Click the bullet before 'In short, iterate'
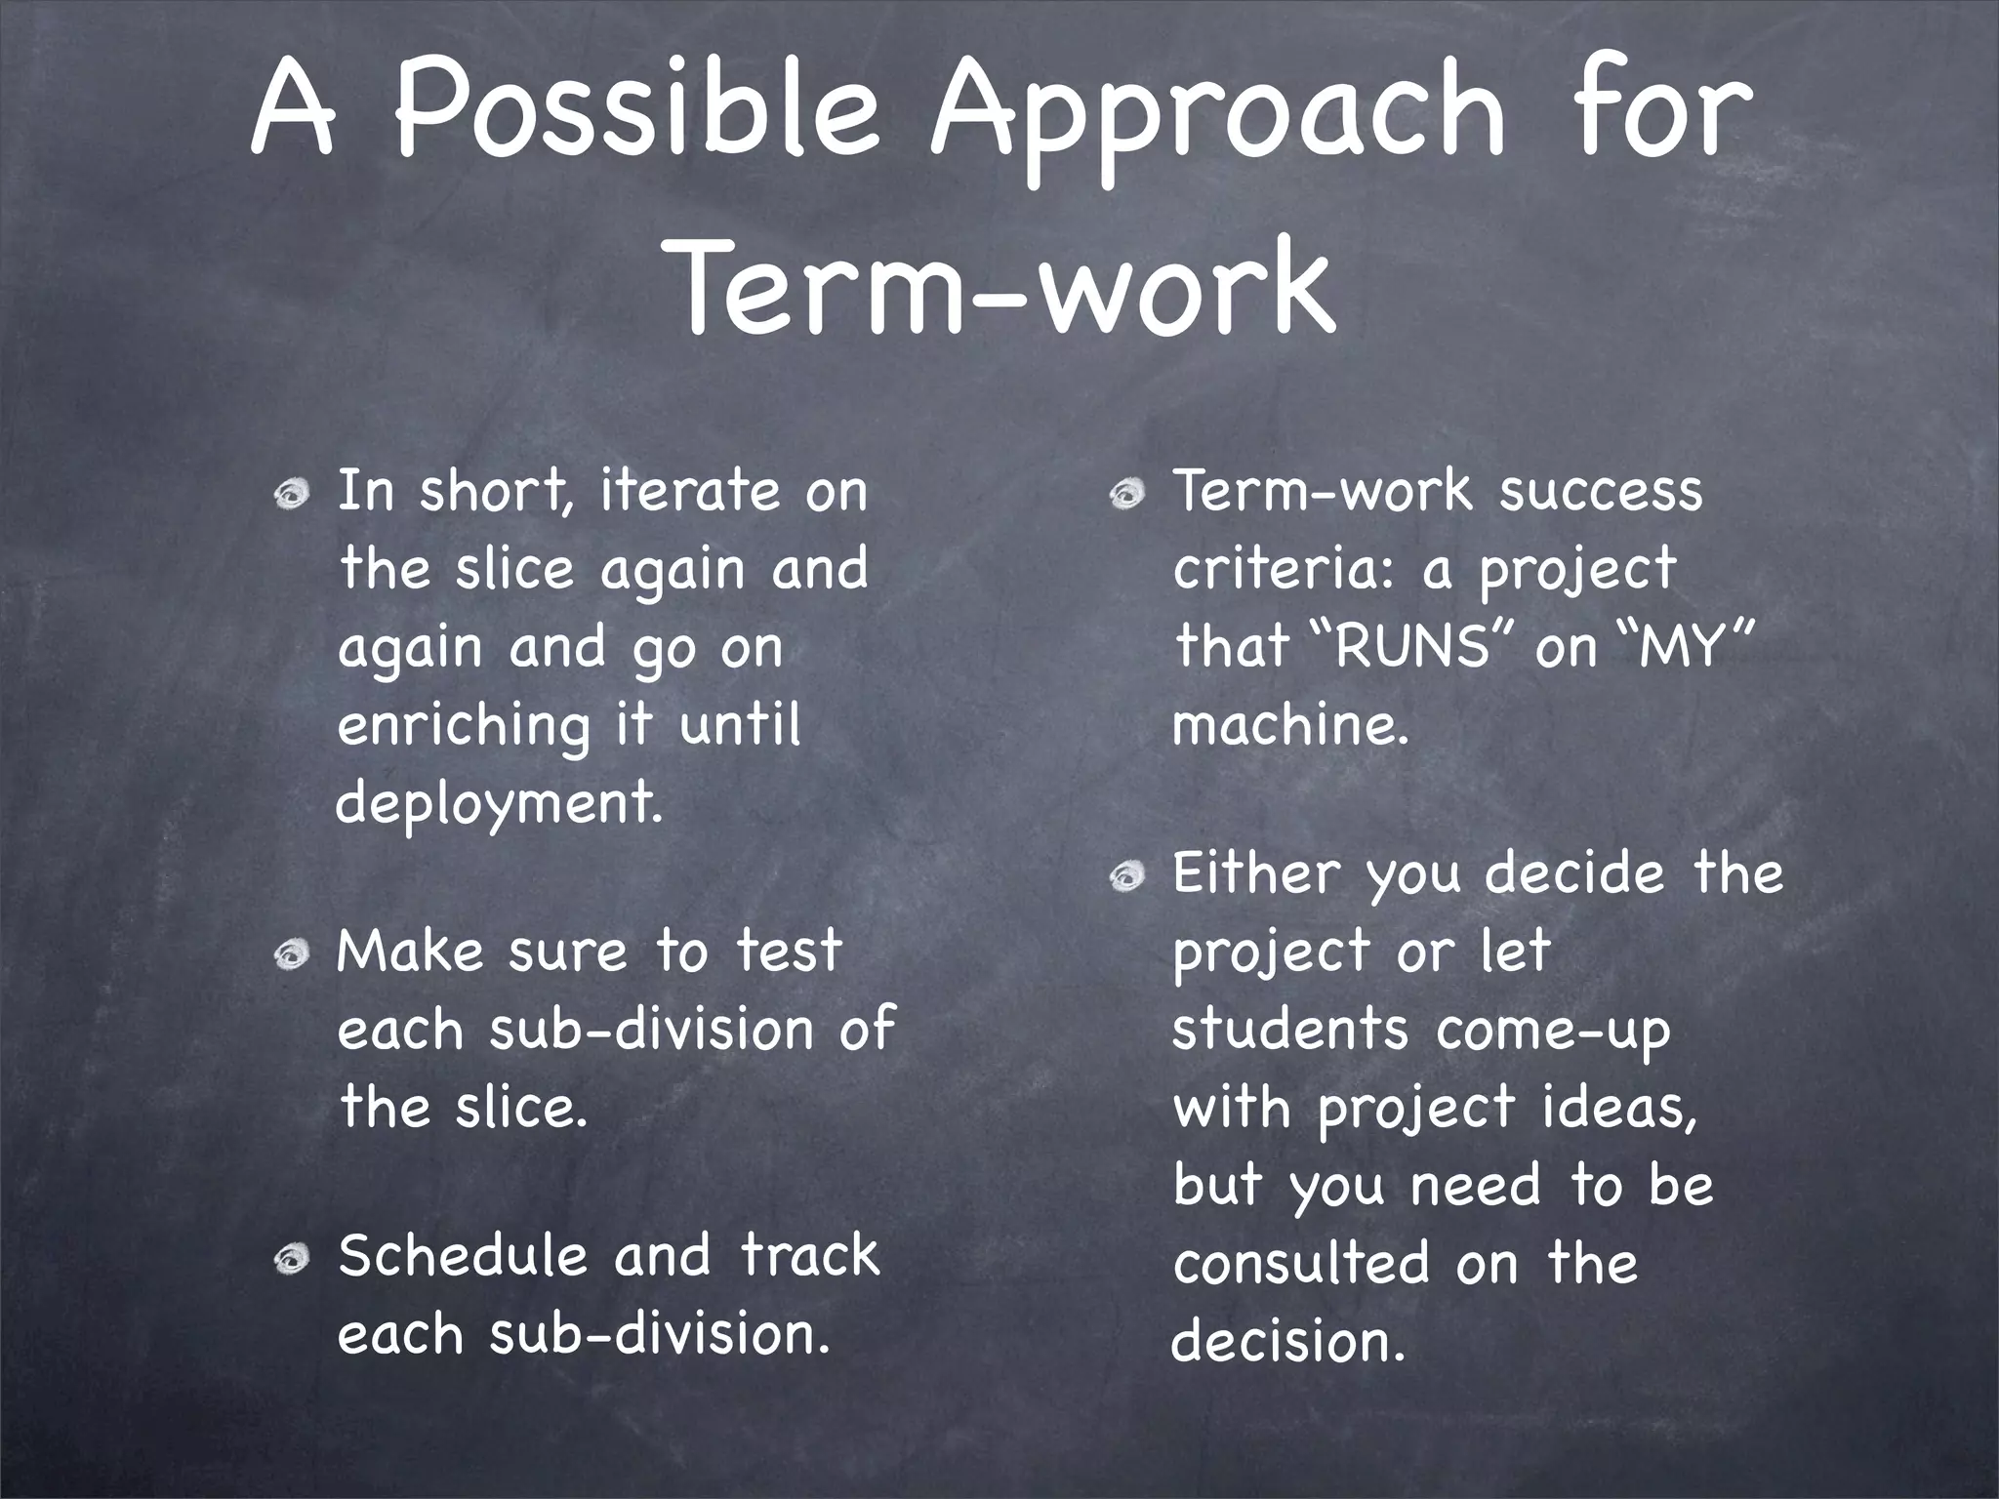coord(290,496)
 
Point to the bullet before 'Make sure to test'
coord(290,955)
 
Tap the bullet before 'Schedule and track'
coord(290,1261)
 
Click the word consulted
coord(1300,1265)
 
